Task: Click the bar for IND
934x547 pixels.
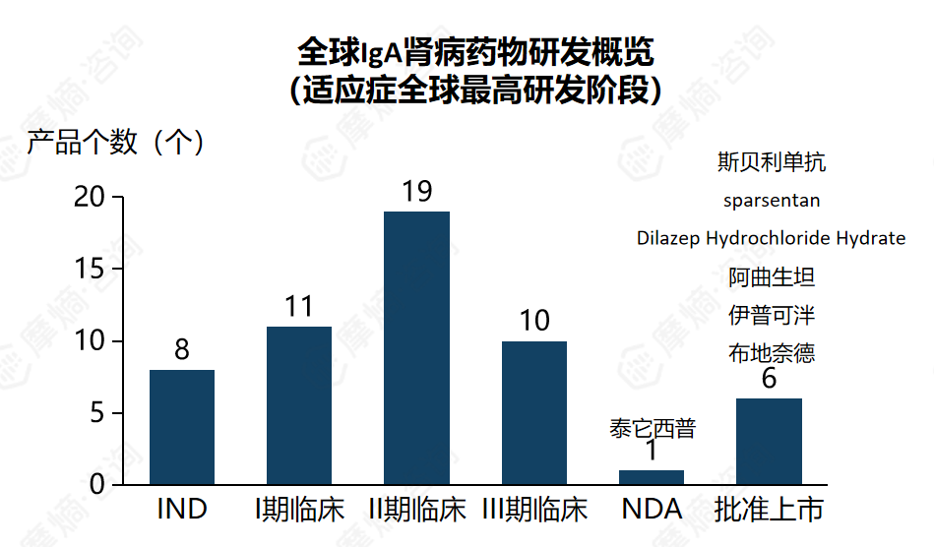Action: [x=182, y=427]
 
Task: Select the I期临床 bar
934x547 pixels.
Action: [x=299, y=405]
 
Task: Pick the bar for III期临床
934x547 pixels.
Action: [x=534, y=413]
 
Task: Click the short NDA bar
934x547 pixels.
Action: [x=652, y=477]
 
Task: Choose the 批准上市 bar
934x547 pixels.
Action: [x=769, y=441]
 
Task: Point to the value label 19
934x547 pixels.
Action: [x=417, y=191]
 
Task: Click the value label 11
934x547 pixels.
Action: [x=299, y=307]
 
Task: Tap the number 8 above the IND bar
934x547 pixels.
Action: [x=182, y=350]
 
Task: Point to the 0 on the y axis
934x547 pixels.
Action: [x=96, y=485]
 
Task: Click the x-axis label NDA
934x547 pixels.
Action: [x=652, y=510]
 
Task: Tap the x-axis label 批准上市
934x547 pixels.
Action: [x=769, y=510]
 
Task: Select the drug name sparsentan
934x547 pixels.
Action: [x=772, y=201]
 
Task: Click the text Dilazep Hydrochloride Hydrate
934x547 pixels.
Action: [x=771, y=238]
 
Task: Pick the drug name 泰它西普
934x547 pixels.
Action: [x=652, y=429]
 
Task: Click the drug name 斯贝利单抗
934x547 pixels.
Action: [x=772, y=162]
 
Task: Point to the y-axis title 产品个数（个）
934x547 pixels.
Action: [x=116, y=143]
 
